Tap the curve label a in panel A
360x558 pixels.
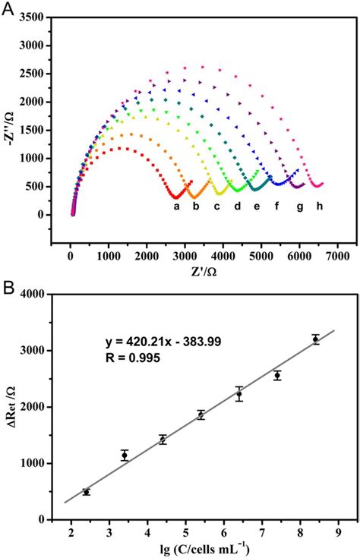[176, 206]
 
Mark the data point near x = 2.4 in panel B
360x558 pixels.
[87, 492]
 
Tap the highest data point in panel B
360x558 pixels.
[316, 339]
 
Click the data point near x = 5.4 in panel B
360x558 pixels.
[201, 415]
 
